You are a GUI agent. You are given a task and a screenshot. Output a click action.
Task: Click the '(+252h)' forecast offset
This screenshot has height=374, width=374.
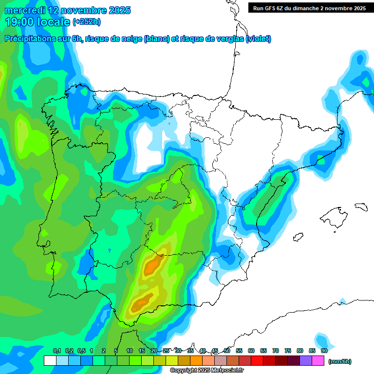coord(86,22)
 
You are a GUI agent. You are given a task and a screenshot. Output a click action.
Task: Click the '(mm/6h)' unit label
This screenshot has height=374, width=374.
coord(340,361)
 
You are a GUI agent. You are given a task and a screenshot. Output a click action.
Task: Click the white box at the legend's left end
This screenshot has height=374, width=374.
coord(50,360)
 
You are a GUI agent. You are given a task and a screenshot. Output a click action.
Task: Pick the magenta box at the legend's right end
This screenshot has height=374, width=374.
coord(318,360)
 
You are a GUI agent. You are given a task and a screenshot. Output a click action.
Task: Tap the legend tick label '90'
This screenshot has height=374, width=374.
coord(324,351)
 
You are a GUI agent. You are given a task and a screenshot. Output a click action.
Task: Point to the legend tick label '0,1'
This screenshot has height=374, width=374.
coord(56,351)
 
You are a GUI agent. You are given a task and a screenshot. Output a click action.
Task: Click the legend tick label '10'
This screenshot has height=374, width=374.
coord(130,351)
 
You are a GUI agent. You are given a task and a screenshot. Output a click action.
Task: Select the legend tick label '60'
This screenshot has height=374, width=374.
coord(251,351)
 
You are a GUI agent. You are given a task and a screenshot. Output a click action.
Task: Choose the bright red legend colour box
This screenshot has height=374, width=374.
coord(257,360)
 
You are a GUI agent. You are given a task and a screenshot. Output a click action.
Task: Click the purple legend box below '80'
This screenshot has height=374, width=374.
coord(306,360)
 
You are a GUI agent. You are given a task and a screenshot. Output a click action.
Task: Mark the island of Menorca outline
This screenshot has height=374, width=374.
coord(361,207)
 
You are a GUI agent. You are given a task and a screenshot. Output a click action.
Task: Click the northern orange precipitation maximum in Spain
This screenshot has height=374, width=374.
coord(153,265)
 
